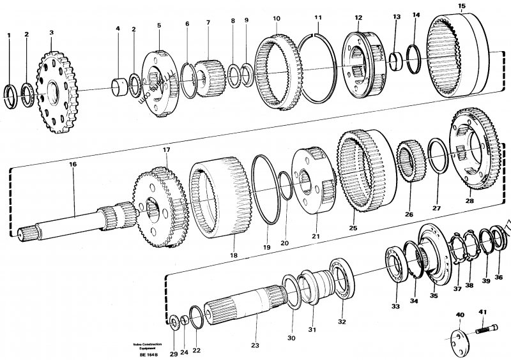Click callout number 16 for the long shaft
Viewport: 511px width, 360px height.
[x=73, y=165]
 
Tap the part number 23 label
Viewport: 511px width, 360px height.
[x=255, y=345]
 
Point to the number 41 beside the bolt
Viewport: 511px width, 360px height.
[x=483, y=312]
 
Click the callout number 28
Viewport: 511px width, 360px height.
[x=469, y=201]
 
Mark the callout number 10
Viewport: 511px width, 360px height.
[x=276, y=19]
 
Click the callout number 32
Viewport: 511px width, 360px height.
[x=342, y=322]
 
